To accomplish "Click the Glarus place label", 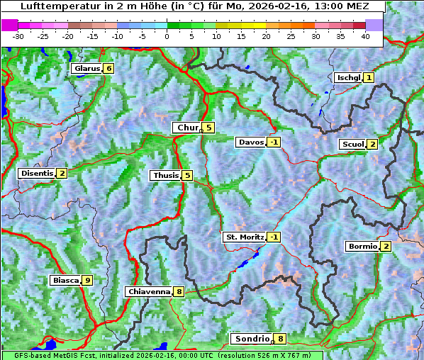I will pos(86,69).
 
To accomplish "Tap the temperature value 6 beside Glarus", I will pos(108,69).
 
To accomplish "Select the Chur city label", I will pos(187,128).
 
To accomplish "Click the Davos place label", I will pos(251,142).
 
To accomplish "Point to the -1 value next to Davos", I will pos(274,142).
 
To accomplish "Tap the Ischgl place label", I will pos(348,77).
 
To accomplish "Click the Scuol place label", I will pos(352,145).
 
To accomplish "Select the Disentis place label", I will pos(37,174).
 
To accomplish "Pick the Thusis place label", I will pos(165,176).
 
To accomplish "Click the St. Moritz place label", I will pos(244,237).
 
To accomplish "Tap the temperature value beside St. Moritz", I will pos(274,237).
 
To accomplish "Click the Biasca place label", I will pos(66,281).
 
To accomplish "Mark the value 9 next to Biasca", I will pos(87,281).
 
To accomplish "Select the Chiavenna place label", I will pos(149,291).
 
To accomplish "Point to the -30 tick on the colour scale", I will pos(18,36).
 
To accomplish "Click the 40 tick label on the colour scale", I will pos(365,36).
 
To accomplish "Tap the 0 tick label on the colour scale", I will pos(167,36).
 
